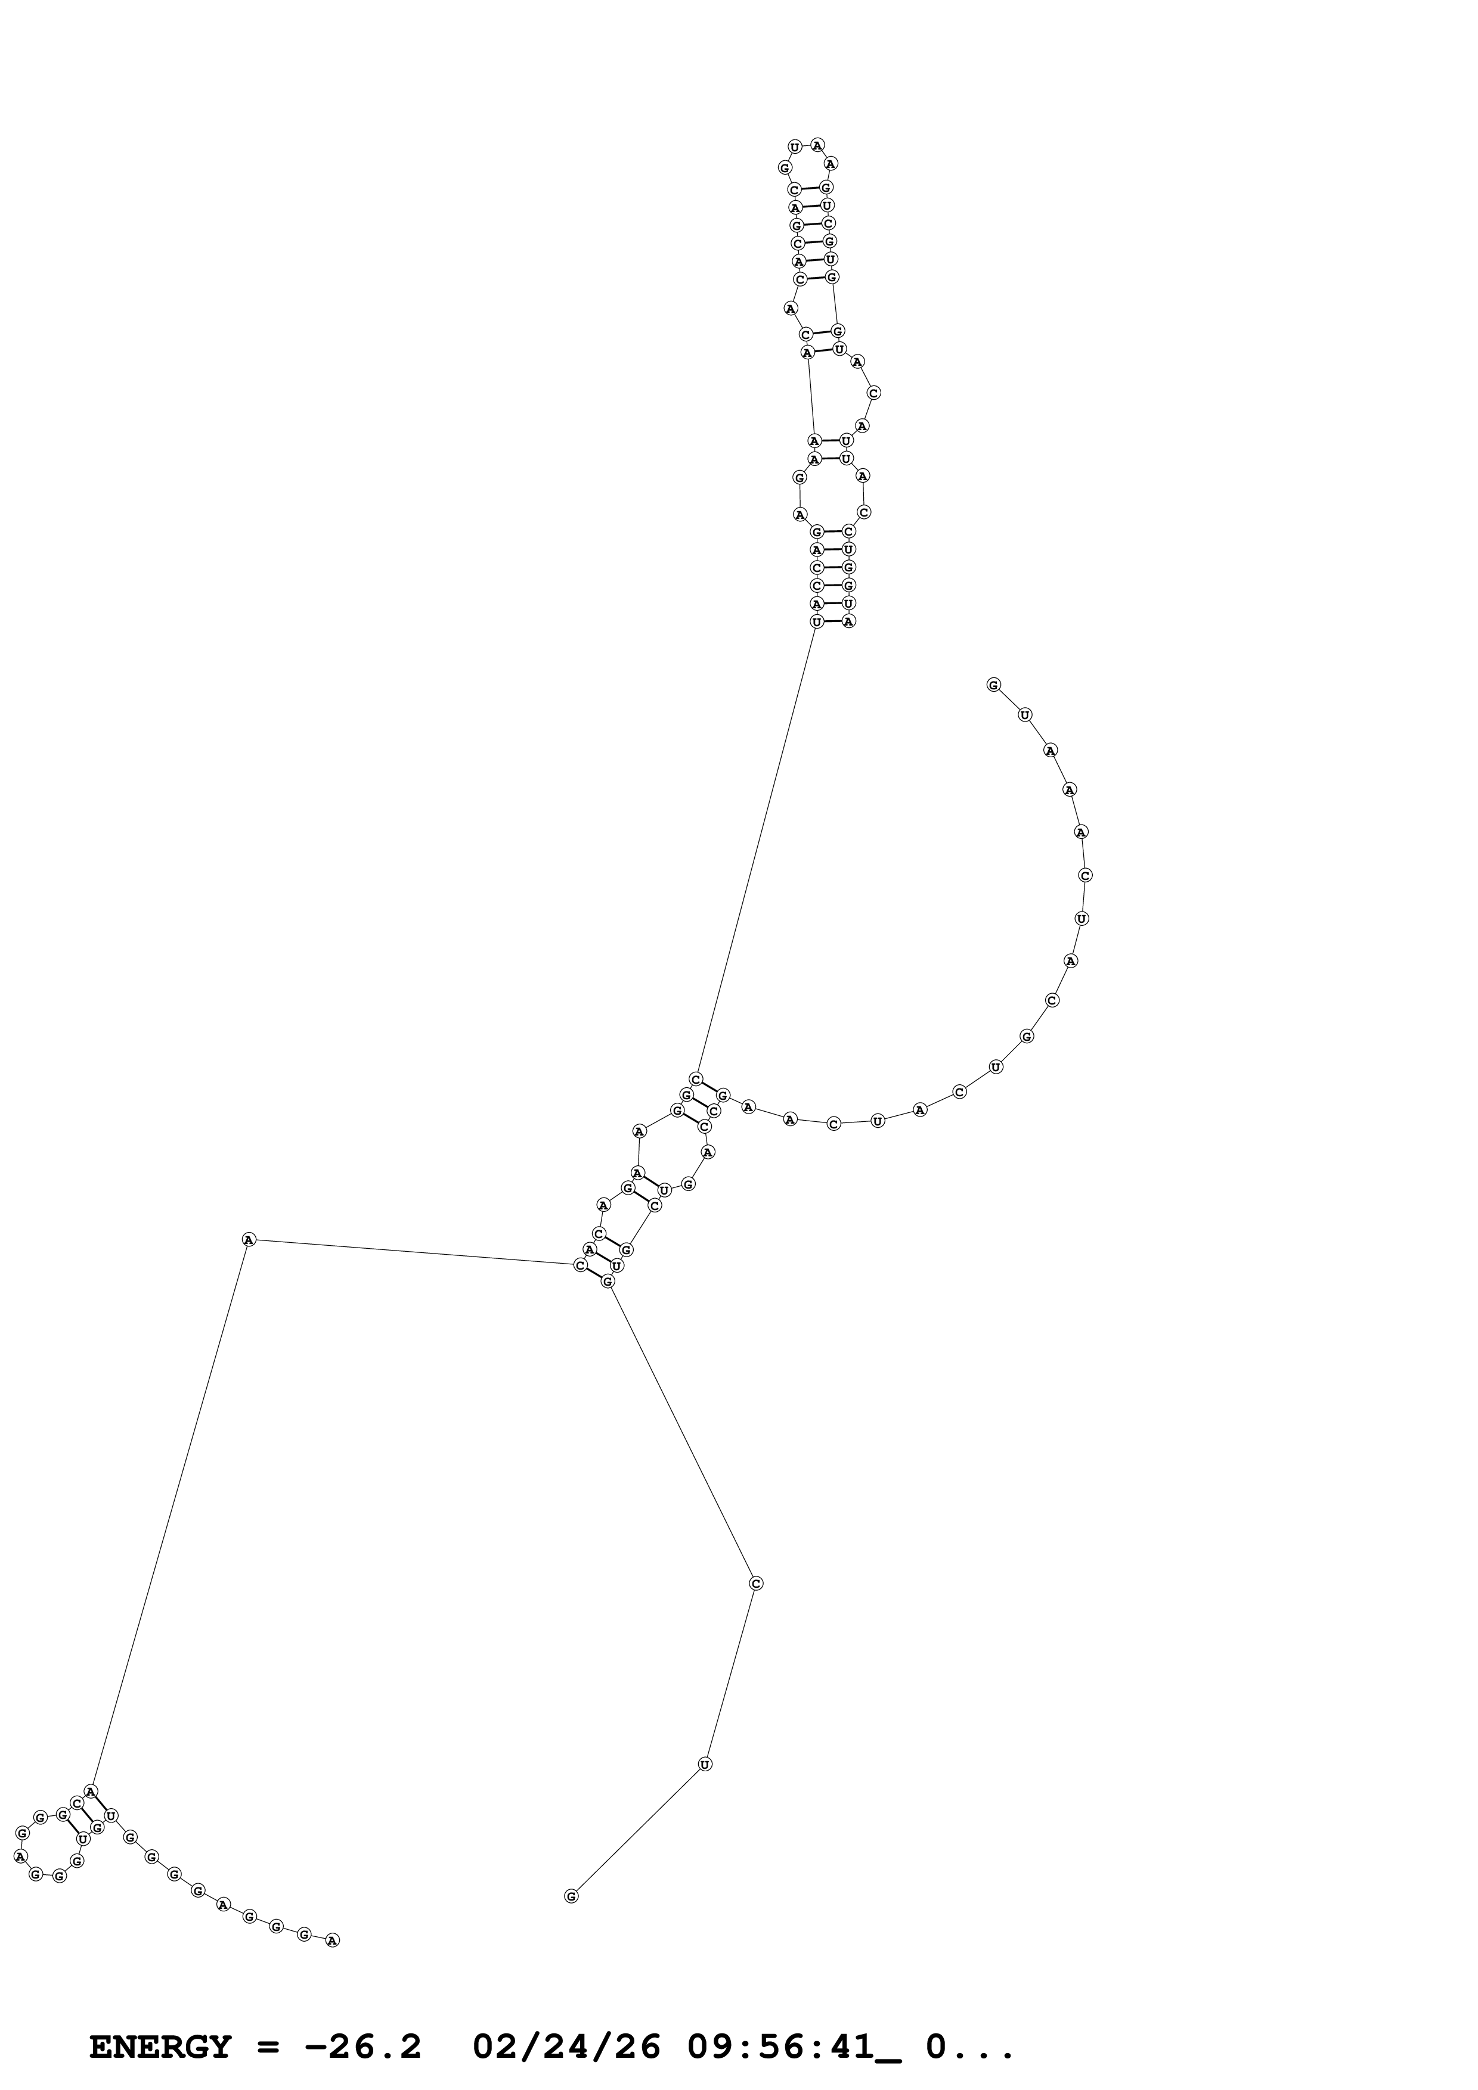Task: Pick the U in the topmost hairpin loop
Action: tap(794, 147)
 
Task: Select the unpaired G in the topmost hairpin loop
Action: tap(784, 167)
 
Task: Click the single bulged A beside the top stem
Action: tap(789, 309)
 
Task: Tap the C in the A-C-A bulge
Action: tap(873, 393)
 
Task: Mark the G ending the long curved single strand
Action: tap(993, 685)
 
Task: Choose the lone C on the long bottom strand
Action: tap(755, 1584)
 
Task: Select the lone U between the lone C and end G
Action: tap(704, 1764)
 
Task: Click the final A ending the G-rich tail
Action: tap(333, 1940)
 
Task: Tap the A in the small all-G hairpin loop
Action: tap(20, 1855)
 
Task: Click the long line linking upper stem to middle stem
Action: tap(756, 851)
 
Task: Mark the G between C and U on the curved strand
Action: tap(1026, 1036)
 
